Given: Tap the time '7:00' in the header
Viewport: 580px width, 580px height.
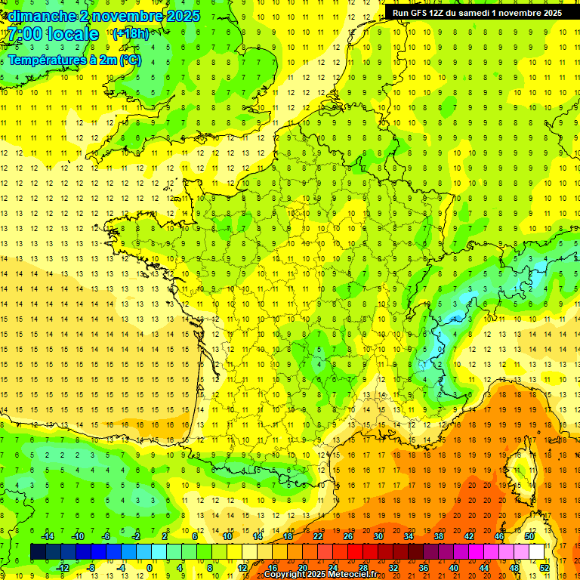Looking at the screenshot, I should [x=23, y=34].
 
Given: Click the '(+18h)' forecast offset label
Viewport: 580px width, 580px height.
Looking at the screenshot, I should [x=130, y=34].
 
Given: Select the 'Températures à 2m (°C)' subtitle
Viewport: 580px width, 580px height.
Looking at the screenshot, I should [x=75, y=60].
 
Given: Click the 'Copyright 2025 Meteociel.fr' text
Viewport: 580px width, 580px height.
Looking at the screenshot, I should [x=320, y=575].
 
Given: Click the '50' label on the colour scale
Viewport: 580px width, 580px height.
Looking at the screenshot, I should [x=529, y=536].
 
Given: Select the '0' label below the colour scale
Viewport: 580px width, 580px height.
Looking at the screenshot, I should [x=150, y=567].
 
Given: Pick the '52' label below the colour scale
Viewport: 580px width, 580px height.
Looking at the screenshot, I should [x=544, y=567].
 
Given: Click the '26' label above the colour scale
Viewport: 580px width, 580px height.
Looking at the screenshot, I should [x=348, y=536].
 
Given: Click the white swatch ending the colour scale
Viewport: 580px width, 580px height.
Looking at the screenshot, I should [x=536, y=551].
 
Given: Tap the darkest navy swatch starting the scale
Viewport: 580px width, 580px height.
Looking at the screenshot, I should [x=38, y=551].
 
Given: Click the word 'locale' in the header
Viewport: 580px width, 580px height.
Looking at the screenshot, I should [x=72, y=34].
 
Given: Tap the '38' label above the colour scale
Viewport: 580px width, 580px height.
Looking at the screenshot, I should [x=439, y=536].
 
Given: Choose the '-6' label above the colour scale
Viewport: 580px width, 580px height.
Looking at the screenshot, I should [x=106, y=536].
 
